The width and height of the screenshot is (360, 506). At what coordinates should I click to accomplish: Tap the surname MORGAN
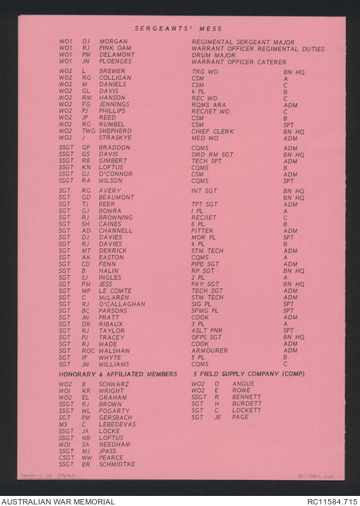pyautogui.click(x=114, y=41)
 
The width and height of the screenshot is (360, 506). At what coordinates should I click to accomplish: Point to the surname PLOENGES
pyautogui.click(x=115, y=61)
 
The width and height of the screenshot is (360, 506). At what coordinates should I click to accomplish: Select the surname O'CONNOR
pyautogui.click(x=116, y=174)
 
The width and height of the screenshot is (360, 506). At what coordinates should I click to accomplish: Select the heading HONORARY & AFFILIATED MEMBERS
pyautogui.click(x=118, y=373)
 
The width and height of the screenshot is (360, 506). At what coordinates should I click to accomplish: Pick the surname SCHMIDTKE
pyautogui.click(x=117, y=463)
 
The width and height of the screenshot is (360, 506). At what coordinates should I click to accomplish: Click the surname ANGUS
pyautogui.click(x=242, y=384)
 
